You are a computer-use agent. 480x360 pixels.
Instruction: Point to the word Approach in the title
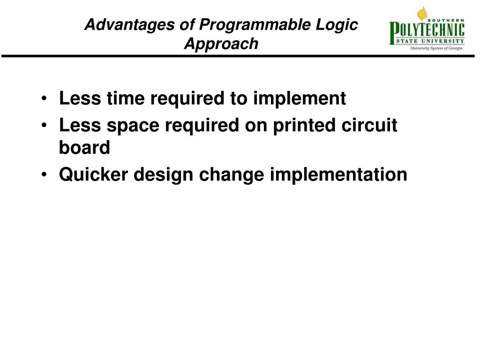tap(221, 44)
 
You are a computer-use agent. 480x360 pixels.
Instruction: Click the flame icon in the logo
tap(422, 14)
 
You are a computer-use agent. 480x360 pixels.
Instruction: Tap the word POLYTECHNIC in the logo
tap(427, 32)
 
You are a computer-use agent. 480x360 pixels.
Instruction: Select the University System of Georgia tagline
tap(436, 48)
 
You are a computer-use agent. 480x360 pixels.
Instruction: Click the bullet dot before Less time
tap(44, 99)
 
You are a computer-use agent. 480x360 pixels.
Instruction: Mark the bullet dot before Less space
tap(44, 126)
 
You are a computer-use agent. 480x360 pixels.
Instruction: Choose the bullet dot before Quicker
tap(44, 175)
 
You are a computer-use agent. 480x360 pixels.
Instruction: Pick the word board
tap(84, 148)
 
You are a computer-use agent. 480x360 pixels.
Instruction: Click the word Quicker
tap(94, 175)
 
